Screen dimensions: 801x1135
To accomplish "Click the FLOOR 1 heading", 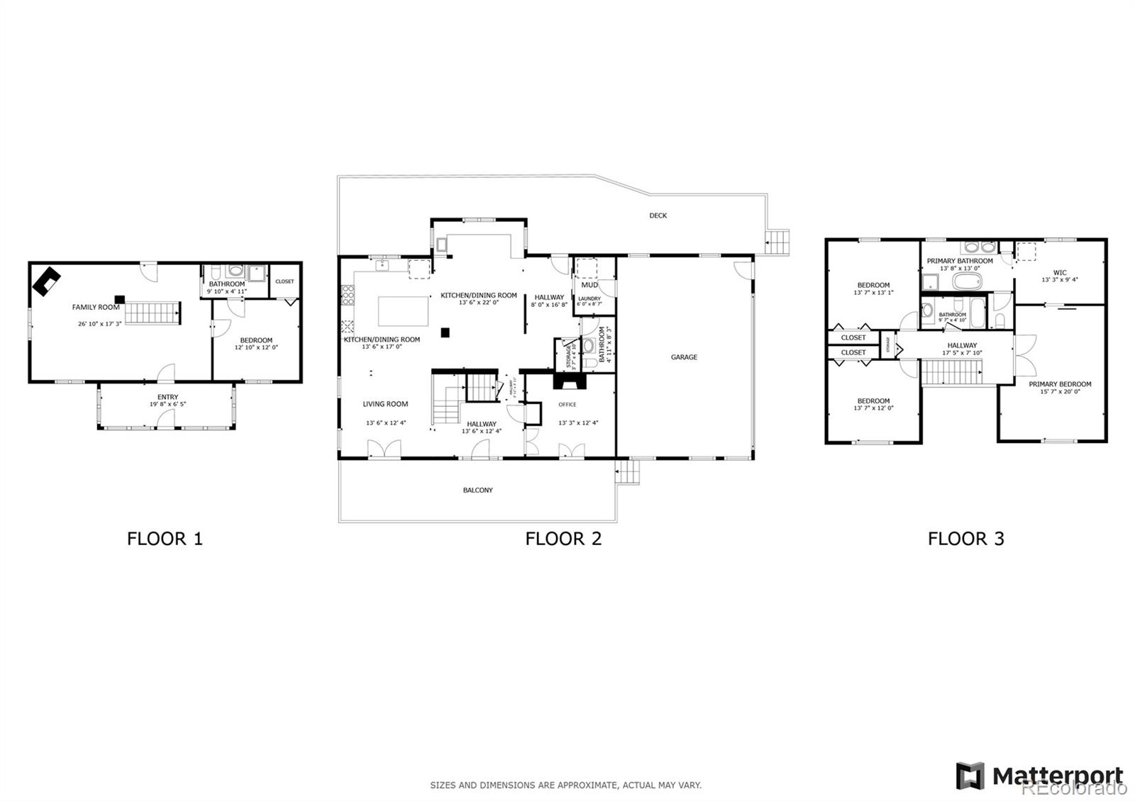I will coord(165,539).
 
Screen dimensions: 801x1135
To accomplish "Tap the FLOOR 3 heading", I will coord(965,539).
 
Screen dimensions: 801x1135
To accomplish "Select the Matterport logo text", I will coord(1057,775).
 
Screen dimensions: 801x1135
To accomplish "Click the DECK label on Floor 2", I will coord(658,215).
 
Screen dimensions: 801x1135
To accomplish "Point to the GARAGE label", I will coord(684,357).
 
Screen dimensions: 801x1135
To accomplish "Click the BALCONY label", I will coord(477,491).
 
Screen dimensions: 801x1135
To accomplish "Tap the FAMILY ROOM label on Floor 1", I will coord(96,308).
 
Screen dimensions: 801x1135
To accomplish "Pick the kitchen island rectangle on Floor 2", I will coord(404,310).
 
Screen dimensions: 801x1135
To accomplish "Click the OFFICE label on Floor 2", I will coord(567,405).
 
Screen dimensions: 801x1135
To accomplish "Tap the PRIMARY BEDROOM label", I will coord(1060,384).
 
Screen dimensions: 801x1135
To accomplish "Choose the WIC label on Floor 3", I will coord(1059,273).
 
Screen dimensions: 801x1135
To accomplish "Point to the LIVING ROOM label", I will coord(385,404).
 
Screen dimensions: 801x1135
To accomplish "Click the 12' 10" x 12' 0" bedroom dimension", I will coord(256,348).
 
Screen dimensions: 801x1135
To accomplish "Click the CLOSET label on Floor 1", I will coord(284,281).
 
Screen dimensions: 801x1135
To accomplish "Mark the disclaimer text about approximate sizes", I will coord(565,785).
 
